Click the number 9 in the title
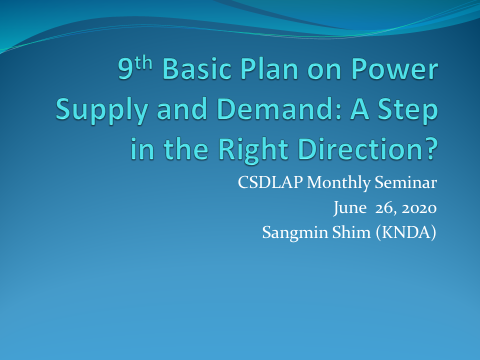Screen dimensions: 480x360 pyautogui.click(x=125, y=68)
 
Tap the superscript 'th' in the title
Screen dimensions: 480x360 pyautogui.click(x=143, y=63)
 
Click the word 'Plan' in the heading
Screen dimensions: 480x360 pyautogui.click(x=269, y=68)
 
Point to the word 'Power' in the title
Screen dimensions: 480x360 pyautogui.click(x=394, y=68)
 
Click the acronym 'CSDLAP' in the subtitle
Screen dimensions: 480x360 pyautogui.click(x=270, y=182)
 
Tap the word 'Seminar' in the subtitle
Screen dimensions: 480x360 pyautogui.click(x=405, y=182)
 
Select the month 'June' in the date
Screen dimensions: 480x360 pyautogui.click(x=350, y=208)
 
